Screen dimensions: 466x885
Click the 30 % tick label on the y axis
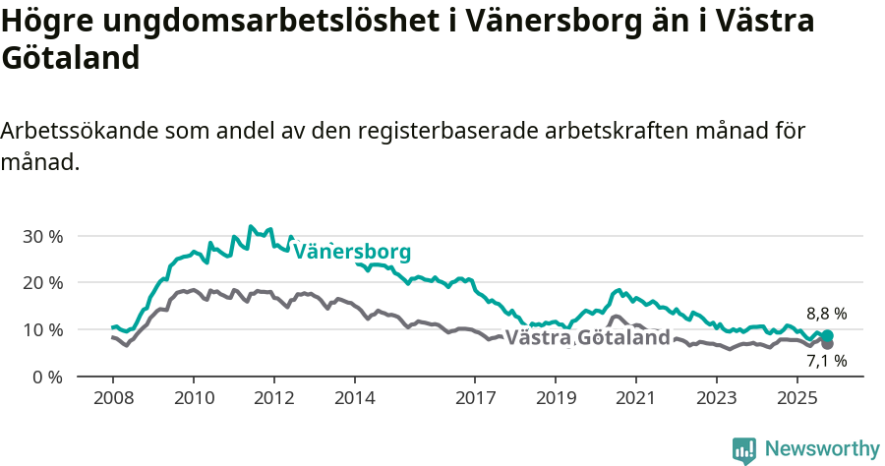point(43,236)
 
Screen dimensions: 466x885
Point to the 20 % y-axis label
point(43,283)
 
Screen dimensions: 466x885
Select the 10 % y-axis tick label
point(43,329)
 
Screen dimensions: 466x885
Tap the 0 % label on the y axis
point(48,377)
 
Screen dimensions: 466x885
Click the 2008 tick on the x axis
point(112,398)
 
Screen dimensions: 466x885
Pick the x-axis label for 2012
point(273,398)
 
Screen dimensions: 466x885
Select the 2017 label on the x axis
point(474,398)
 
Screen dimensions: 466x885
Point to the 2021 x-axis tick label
point(635,398)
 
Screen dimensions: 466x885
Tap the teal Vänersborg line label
point(352,252)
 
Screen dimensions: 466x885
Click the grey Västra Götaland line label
point(587,338)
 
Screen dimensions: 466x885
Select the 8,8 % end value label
point(826,314)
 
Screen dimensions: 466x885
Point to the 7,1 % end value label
point(826,361)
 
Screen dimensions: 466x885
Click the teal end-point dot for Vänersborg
point(827,336)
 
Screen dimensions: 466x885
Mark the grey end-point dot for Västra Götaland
point(827,343)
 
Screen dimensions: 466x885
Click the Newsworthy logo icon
point(744,449)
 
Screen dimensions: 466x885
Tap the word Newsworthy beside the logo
point(821,449)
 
